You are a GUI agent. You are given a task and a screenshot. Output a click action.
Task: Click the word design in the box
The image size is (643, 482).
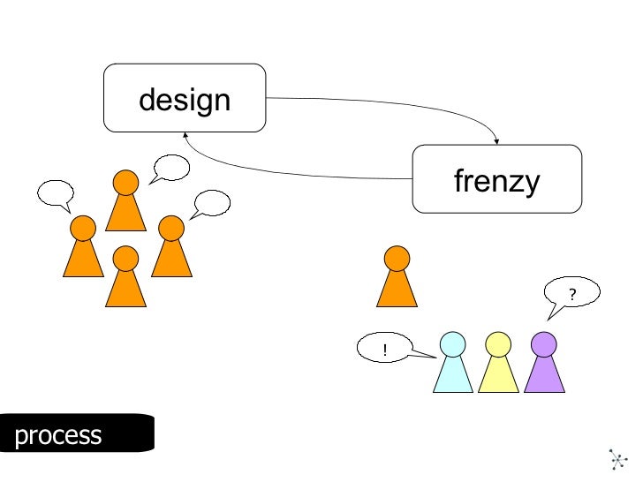(x=185, y=99)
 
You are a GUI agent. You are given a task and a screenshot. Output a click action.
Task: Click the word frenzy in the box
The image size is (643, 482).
(x=496, y=181)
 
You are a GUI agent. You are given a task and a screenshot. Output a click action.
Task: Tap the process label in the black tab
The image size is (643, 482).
(x=58, y=434)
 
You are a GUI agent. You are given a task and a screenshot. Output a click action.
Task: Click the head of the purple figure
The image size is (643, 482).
(x=543, y=343)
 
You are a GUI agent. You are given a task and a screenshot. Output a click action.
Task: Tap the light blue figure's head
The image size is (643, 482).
(x=452, y=343)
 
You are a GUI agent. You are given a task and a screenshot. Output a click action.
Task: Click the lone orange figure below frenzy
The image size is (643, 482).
(x=397, y=277)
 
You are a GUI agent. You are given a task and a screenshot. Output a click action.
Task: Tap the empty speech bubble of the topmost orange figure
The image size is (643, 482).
(x=170, y=167)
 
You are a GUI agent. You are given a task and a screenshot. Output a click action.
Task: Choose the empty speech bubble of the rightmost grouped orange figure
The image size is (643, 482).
(x=212, y=203)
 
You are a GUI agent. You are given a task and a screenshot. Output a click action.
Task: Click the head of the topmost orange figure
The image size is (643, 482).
(x=125, y=183)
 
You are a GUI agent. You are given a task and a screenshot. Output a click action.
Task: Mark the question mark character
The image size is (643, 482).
(x=572, y=294)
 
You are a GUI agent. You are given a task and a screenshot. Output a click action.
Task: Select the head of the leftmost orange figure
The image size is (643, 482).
(x=83, y=229)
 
